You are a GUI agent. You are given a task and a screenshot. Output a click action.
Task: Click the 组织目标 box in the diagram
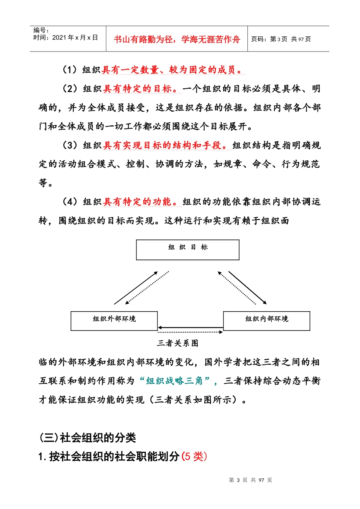point(188,250)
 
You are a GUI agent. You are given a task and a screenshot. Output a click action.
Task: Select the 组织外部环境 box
point(114,321)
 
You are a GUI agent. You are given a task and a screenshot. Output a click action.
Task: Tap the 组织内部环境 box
point(266,321)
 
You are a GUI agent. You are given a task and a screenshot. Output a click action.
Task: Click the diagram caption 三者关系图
point(178,343)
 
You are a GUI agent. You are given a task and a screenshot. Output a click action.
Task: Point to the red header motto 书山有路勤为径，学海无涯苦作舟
point(177,39)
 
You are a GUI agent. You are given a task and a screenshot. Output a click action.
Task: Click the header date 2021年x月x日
point(75,37)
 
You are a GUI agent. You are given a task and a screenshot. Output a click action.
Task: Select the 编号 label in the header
point(41,30)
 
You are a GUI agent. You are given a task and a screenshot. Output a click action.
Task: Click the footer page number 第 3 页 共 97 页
point(250,480)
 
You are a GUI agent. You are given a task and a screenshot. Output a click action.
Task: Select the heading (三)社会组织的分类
point(88,438)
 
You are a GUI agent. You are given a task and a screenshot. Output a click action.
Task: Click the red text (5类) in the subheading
point(194,456)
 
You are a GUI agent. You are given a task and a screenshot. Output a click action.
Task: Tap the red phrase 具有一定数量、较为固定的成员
point(172,70)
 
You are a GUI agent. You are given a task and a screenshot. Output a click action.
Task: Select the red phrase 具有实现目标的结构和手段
point(165,145)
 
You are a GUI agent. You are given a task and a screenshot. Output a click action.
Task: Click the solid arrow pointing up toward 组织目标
point(136,288)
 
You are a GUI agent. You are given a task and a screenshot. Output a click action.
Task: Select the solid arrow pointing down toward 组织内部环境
point(247,287)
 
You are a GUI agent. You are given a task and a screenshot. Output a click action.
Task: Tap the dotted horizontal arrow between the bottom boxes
point(190,332)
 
